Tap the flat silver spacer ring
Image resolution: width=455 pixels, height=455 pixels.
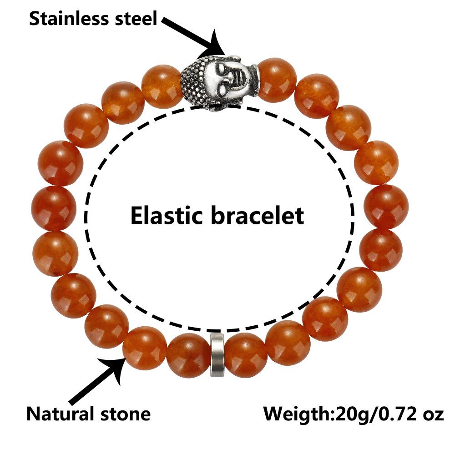point(217,354)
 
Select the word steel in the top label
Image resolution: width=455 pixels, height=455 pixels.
point(135,19)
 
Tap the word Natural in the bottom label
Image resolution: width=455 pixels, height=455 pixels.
point(60,415)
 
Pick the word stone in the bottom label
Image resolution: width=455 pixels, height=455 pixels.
point(125,415)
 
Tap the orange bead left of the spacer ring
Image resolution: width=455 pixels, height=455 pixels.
point(188,355)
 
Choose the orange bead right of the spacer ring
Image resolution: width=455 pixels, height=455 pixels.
point(246,355)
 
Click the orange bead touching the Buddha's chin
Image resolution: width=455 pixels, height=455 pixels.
point(277,80)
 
